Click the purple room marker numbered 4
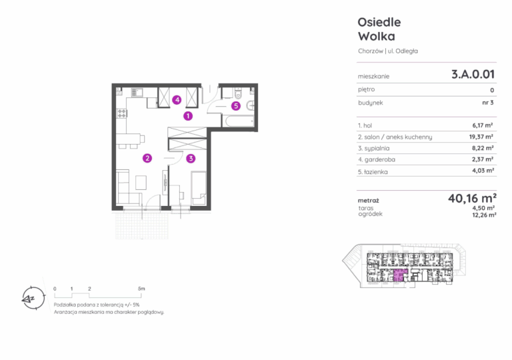click(x=177, y=99)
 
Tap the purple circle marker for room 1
click(x=188, y=115)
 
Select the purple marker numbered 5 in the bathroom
click(x=236, y=106)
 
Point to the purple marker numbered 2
click(x=147, y=158)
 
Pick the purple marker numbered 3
click(x=191, y=159)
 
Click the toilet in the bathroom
click(x=238, y=93)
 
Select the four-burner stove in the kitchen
click(x=121, y=113)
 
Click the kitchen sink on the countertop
click(x=137, y=93)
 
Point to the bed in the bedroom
click(x=199, y=188)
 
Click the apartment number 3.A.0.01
click(x=473, y=75)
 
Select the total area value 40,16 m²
click(x=472, y=198)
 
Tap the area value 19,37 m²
click(x=481, y=137)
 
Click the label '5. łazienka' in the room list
click(x=373, y=172)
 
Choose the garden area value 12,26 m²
click(x=484, y=215)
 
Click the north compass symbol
click(x=33, y=298)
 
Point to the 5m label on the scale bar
click(x=141, y=289)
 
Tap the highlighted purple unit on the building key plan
click(x=400, y=275)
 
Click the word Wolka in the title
click(x=377, y=36)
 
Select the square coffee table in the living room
click(x=141, y=182)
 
